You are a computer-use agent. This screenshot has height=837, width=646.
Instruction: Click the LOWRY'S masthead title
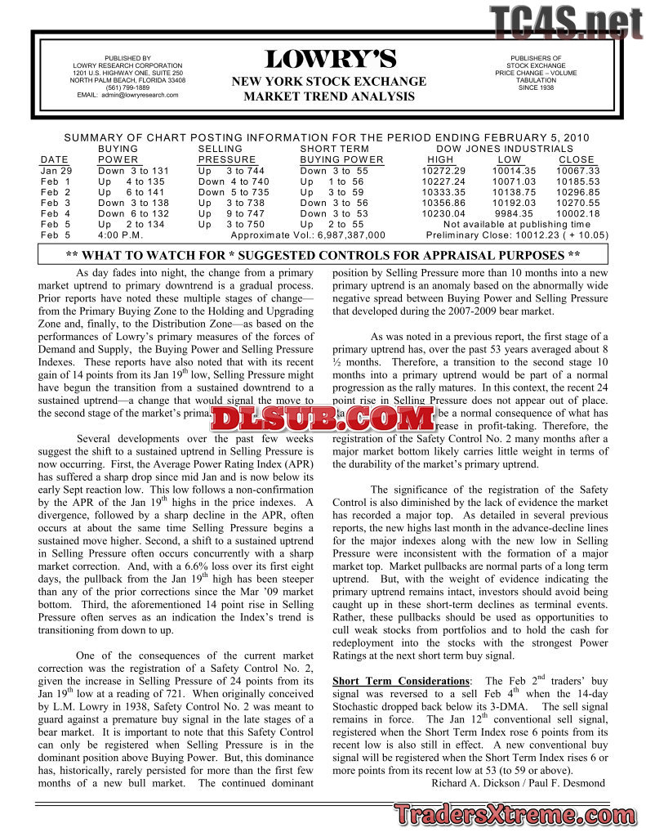coord(330,60)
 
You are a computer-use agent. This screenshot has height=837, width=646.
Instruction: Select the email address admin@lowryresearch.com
coord(127,95)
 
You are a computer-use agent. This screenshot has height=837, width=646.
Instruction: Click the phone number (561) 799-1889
coord(127,87)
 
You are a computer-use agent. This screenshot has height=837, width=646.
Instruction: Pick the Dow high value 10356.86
coord(443,203)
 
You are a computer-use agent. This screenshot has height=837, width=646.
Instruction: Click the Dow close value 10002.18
coord(577,213)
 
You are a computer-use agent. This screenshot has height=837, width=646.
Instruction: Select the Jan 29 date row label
coord(56,171)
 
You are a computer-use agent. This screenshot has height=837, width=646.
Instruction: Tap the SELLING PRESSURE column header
coord(227,154)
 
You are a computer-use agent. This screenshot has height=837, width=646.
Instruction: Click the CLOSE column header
coord(577,159)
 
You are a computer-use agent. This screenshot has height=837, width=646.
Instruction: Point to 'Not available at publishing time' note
coord(516,224)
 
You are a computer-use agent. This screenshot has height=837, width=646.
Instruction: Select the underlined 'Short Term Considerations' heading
coord(400,681)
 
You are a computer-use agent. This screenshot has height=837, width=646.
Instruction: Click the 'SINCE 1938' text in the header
coord(535,87)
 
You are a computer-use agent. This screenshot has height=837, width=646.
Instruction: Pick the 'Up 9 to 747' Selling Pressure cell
coord(232,213)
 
